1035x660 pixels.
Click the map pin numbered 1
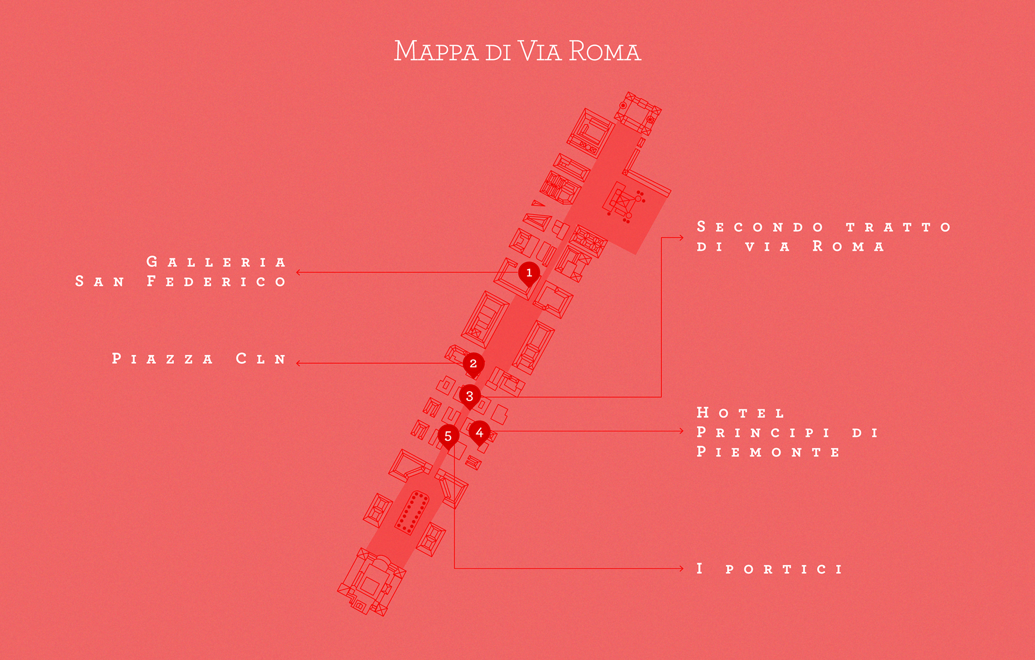click(529, 273)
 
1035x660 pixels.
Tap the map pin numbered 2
click(473, 363)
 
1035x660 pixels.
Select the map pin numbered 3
click(470, 396)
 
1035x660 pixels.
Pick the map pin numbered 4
click(479, 432)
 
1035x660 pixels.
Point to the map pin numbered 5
click(448, 436)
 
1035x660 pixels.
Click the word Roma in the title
click(604, 52)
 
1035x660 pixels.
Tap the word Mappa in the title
click(436, 52)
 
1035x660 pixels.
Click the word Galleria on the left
click(216, 262)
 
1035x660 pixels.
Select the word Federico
click(216, 282)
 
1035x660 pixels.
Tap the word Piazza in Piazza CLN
click(162, 359)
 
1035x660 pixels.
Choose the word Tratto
click(898, 227)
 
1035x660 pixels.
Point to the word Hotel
click(740, 413)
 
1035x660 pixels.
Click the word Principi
click(763, 433)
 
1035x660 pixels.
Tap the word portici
click(784, 569)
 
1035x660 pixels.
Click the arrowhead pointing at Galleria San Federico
click(298, 273)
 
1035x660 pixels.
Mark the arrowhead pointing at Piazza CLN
click(298, 363)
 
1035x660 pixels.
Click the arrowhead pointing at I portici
click(681, 568)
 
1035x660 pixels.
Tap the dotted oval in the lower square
click(412, 512)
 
